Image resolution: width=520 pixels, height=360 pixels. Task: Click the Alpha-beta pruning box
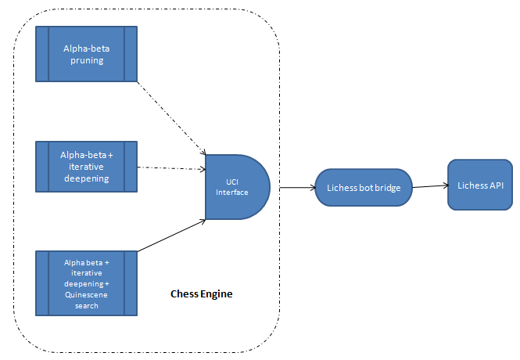[x=87, y=54]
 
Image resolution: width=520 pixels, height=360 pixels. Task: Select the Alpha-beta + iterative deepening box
[x=87, y=167]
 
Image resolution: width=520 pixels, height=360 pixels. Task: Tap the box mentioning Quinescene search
[x=87, y=283]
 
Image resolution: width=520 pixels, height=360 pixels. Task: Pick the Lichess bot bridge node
[x=364, y=188]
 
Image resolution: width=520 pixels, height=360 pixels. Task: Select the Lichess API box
[x=479, y=185]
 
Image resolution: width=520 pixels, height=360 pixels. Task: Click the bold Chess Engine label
[x=202, y=294]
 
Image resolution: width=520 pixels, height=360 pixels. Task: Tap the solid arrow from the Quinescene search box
[x=171, y=236]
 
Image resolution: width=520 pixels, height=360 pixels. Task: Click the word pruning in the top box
[x=87, y=59]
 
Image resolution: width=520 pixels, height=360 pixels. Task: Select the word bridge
[x=389, y=189]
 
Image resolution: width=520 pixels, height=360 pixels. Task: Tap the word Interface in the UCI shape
[x=232, y=192]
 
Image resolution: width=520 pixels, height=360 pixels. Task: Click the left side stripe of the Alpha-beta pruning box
[x=42, y=54]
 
